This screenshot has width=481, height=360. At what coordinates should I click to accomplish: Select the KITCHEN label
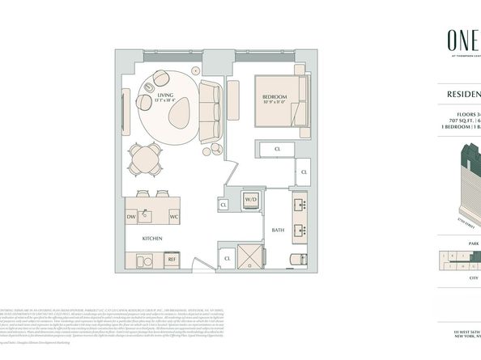click(154, 239)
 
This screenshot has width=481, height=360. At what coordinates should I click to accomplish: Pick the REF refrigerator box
click(172, 259)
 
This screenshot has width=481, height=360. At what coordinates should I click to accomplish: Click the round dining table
click(147, 157)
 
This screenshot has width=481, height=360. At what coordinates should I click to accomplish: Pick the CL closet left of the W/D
click(223, 205)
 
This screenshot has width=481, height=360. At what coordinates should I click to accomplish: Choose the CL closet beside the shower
click(228, 259)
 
